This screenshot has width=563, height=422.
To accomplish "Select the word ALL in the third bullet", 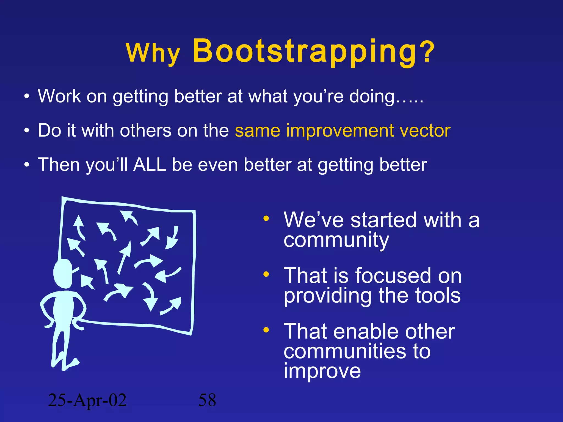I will coord(150,165).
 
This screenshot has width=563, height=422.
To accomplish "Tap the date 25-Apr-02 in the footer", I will coord(87,400).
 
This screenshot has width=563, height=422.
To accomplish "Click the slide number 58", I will coord(207,400).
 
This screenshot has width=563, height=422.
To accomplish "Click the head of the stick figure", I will coord(63,274).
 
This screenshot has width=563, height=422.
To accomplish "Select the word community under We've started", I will coord(336,240).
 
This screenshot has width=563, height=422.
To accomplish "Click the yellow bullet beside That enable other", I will coord(266,330).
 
